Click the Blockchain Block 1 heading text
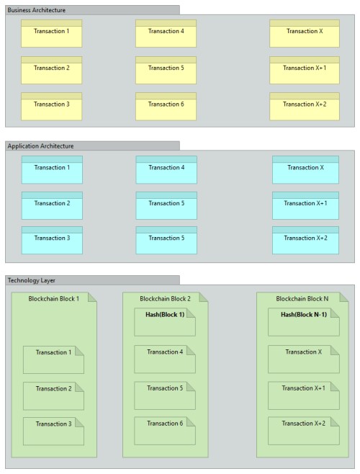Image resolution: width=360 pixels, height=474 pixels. click(53, 299)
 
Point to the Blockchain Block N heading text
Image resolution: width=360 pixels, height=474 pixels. click(302, 299)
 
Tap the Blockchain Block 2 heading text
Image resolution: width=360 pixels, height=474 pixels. click(165, 299)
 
